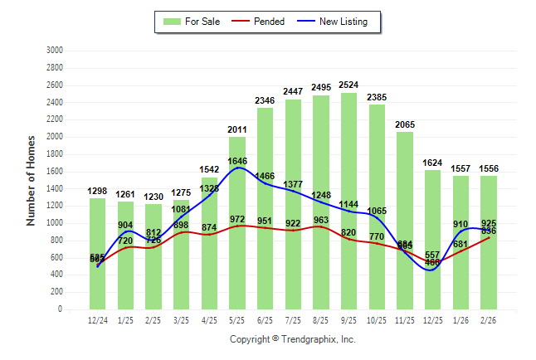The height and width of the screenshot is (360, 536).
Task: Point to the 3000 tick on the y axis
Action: [x=56, y=51]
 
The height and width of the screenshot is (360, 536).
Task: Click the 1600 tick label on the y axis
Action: [x=56, y=172]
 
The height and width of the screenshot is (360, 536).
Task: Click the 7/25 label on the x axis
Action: [x=293, y=319]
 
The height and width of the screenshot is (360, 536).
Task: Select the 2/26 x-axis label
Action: [x=489, y=319]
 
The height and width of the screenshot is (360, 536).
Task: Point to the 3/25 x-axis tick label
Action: [x=182, y=319]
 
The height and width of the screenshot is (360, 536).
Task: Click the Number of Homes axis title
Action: [x=31, y=180]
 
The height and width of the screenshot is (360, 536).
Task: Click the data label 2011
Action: [x=237, y=129]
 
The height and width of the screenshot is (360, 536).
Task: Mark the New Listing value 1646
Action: [x=237, y=161]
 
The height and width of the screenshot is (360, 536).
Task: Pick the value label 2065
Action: [x=405, y=124]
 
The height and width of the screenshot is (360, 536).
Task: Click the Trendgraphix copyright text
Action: [x=292, y=339]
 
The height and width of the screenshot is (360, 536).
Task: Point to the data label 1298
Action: [x=98, y=192]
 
